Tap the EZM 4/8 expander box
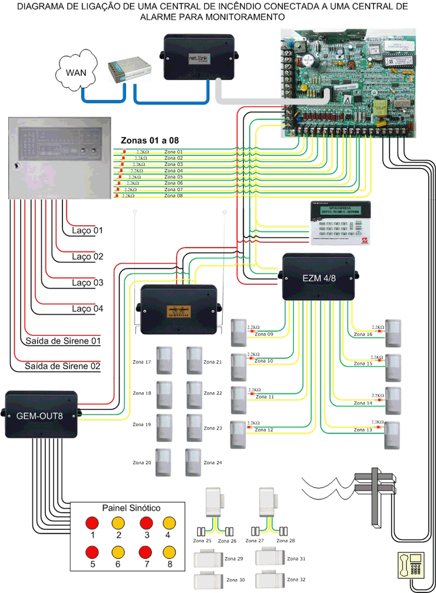click(x=318, y=277)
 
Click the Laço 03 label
click(x=88, y=283)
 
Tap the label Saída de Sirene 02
click(x=62, y=367)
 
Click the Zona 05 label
click(x=173, y=177)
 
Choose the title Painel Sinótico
click(x=131, y=508)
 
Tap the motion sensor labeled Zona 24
click(x=193, y=463)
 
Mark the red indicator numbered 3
click(x=146, y=522)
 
